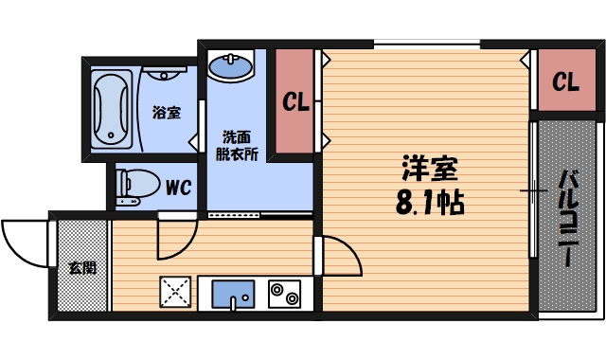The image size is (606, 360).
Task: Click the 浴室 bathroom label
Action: click(x=167, y=112)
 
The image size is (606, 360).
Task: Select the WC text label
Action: click(x=178, y=188)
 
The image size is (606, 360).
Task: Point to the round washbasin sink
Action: click(x=231, y=69)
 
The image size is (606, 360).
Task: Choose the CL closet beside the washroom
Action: click(x=295, y=102)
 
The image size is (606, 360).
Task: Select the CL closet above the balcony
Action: click(x=565, y=81)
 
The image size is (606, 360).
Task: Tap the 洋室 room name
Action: click(x=429, y=171)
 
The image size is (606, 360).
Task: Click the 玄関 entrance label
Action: click(x=81, y=267)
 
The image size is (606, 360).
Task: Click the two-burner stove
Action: click(x=283, y=295)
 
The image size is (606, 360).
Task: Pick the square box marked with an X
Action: click(x=176, y=294)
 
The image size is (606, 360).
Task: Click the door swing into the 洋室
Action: click(x=338, y=256)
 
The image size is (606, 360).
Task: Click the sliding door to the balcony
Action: click(x=533, y=189)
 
